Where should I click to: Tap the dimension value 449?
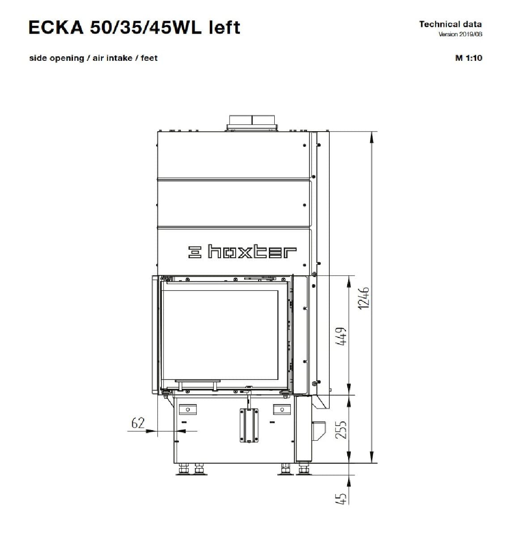(341, 336)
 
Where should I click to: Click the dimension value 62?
(138, 423)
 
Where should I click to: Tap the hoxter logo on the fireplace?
(242, 252)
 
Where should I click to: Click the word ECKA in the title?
(56, 28)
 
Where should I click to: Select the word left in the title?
(224, 27)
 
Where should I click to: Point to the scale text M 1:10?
(468, 58)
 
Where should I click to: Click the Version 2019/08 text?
(460, 34)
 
